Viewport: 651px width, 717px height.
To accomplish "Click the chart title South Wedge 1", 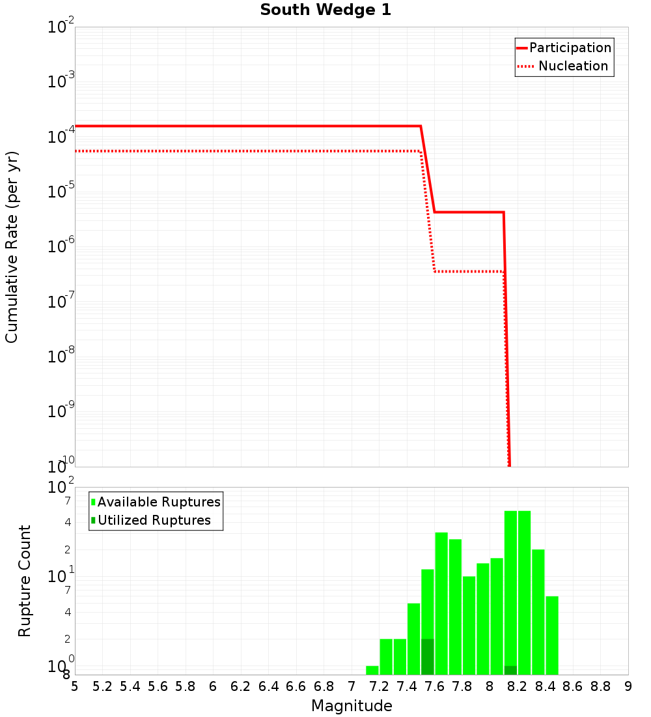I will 325,10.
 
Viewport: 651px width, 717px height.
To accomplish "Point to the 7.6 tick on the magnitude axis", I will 435,687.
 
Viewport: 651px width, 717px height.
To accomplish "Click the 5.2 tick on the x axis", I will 103,687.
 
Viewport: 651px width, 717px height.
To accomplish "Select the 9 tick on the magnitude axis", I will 628,687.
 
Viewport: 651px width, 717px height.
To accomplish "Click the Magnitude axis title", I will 352,707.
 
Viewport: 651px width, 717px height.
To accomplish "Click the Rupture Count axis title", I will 25,581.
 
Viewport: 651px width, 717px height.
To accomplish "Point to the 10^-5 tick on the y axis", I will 61,192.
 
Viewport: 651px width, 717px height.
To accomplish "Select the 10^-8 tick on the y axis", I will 61,357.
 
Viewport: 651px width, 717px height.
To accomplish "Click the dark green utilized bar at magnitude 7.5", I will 428,657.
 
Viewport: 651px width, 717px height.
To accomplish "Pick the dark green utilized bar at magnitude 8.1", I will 510,671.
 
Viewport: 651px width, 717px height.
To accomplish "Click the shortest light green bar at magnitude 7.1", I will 372,671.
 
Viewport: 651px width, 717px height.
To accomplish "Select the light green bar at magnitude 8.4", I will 552,636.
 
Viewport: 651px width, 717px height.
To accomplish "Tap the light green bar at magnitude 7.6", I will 441,603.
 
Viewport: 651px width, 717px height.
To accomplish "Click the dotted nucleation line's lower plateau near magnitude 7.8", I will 469,271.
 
